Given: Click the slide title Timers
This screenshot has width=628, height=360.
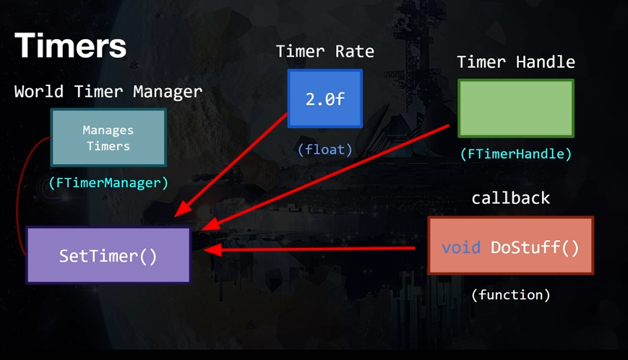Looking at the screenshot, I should pyautogui.click(x=70, y=46).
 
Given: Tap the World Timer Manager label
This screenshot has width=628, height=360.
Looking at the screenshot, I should pyautogui.click(x=108, y=92).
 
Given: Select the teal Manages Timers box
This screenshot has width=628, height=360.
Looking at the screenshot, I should pyautogui.click(x=108, y=137).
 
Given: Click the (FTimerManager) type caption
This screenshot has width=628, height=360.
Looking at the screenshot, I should pyautogui.click(x=108, y=183).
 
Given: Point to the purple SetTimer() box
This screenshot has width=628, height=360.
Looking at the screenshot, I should pyautogui.click(x=108, y=255).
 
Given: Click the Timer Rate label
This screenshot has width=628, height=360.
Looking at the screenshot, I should pyautogui.click(x=325, y=51).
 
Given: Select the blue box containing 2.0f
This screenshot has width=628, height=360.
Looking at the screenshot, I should pyautogui.click(x=325, y=98).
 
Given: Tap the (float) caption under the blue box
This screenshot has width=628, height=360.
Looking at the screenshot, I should pyautogui.click(x=325, y=150).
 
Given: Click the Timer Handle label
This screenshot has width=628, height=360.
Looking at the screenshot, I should pyautogui.click(x=516, y=62).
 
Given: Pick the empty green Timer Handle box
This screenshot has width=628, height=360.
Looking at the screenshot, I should pyautogui.click(x=516, y=108).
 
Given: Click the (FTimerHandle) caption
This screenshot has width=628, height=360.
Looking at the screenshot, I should pyautogui.click(x=516, y=154).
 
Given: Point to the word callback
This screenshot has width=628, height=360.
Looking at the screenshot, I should pyautogui.click(x=511, y=198).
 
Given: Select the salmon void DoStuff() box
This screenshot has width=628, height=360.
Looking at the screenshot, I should pyautogui.click(x=510, y=246).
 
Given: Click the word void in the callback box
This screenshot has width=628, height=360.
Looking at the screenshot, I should pyautogui.click(x=461, y=247).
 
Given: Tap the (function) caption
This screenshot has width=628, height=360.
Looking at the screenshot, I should pyautogui.click(x=511, y=295).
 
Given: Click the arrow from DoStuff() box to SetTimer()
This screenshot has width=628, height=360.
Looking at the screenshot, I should pyautogui.click(x=311, y=249).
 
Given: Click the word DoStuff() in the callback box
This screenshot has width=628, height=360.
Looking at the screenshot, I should pyautogui.click(x=535, y=247).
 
